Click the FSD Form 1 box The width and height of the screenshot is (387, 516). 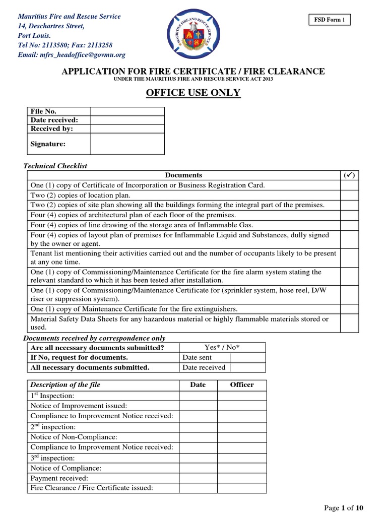point(330,20)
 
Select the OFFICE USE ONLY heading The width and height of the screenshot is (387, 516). point(193,93)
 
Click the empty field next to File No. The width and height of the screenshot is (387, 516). point(127,111)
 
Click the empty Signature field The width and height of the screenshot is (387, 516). point(127,144)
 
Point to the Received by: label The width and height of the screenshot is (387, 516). point(52,128)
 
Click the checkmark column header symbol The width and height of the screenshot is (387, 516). point(350,175)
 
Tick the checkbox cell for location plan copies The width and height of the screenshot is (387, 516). point(350,195)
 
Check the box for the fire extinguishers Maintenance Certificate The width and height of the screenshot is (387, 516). point(350,309)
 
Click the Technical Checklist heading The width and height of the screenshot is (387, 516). point(56,166)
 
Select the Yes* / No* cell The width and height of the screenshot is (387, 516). point(222,347)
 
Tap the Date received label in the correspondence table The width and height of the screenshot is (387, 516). point(204,367)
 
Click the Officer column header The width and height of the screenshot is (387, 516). point(242,384)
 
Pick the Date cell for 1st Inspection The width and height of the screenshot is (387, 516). point(198,396)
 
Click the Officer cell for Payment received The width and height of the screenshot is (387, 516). point(242,478)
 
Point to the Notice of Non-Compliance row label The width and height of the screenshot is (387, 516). point(74,437)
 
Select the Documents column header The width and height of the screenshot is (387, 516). point(183,175)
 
